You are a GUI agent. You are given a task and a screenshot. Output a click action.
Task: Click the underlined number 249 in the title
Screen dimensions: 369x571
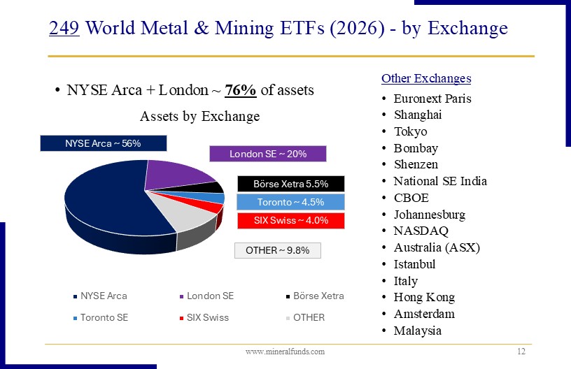65,29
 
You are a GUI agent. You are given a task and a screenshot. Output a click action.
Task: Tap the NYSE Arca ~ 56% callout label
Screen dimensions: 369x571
103,143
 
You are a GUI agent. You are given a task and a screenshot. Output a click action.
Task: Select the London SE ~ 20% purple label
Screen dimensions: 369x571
268,154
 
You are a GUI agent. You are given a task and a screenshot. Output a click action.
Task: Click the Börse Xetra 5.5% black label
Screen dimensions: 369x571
291,184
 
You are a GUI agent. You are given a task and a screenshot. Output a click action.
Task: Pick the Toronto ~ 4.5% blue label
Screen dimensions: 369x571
290,203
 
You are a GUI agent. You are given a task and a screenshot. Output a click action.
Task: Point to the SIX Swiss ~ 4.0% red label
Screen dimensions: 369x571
290,221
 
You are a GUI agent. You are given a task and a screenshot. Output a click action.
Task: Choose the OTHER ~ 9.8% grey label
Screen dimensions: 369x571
277,250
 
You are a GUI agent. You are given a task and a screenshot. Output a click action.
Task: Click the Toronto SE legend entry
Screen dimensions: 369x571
104,317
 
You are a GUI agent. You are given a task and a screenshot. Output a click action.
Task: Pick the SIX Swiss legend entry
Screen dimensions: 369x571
207,317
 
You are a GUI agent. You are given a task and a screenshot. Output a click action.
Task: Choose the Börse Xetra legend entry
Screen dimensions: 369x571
318,296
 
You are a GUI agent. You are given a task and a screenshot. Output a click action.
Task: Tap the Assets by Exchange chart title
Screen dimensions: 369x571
199,116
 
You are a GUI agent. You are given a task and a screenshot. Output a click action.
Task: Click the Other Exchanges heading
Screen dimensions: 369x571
426,78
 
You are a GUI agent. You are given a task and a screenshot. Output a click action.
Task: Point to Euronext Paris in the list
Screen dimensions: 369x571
432,99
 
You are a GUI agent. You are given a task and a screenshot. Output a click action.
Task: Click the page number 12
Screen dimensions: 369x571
521,352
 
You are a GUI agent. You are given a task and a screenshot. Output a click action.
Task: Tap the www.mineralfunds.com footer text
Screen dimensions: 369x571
285,352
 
